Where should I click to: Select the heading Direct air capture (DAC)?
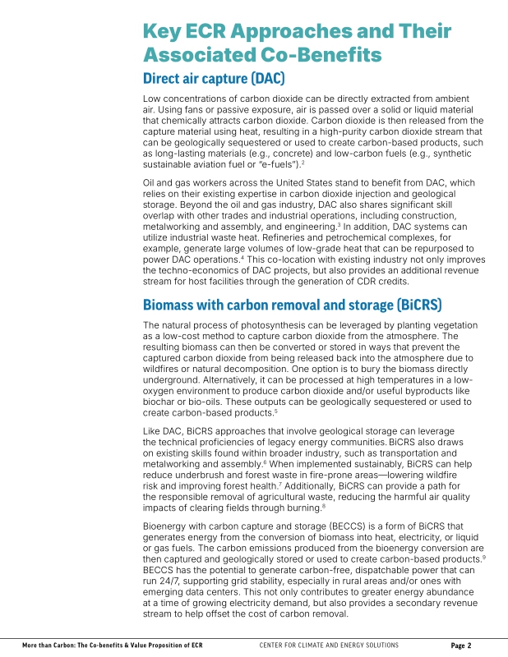(214, 79)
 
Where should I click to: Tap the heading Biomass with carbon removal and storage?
(292, 305)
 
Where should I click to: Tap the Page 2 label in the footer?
(461, 646)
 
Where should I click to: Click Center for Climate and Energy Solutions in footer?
(329, 646)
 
